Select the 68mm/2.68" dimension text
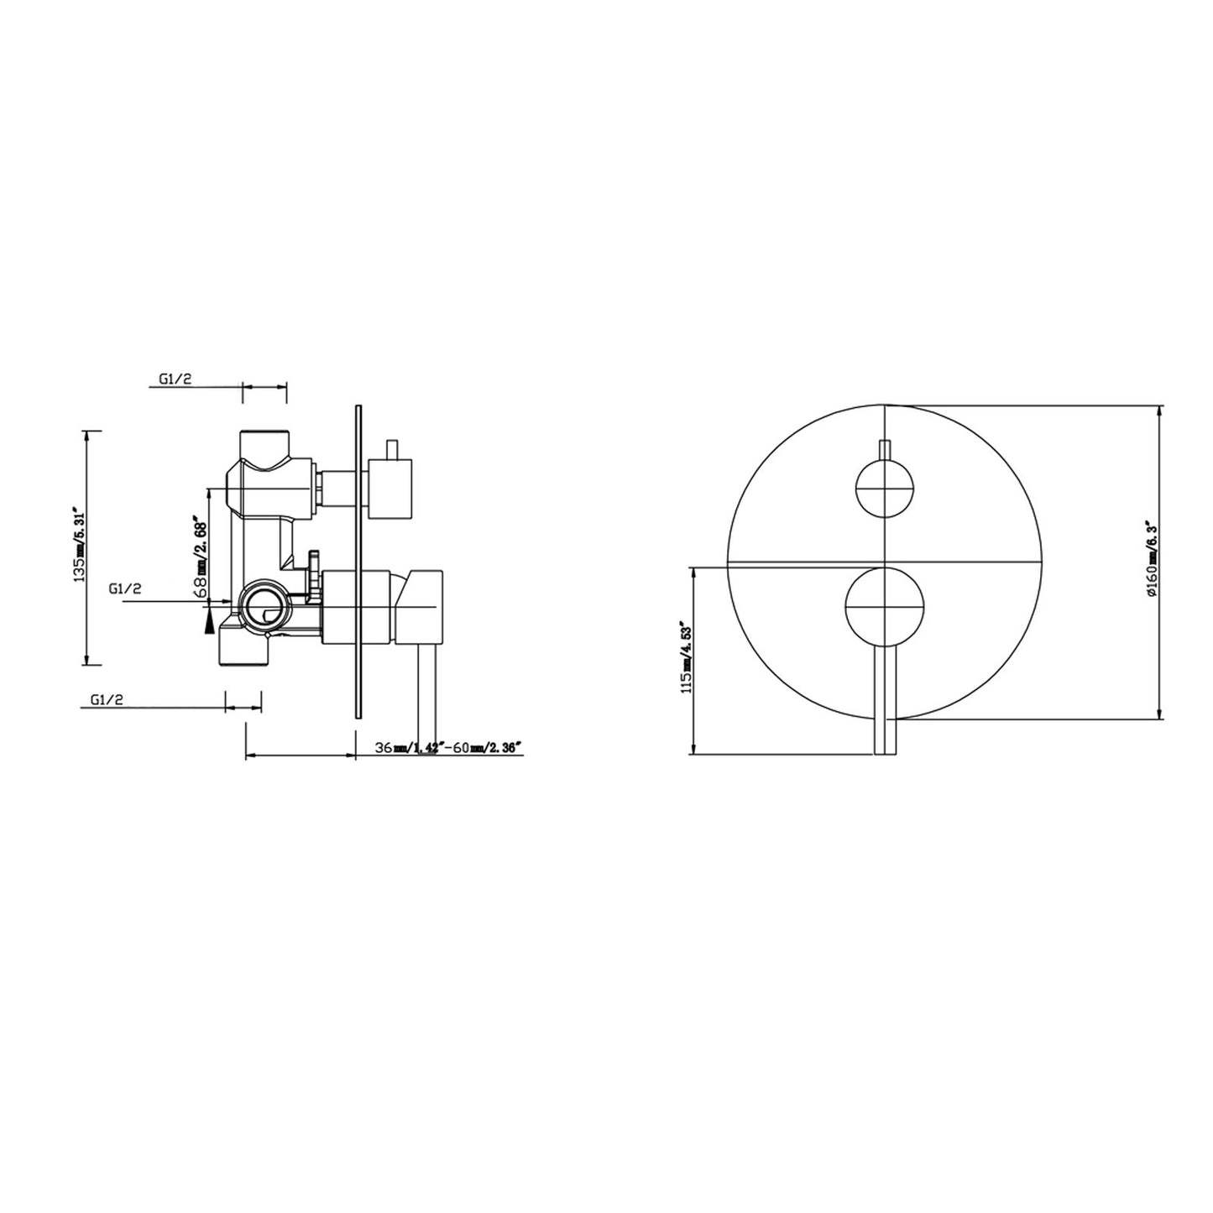pyautogui.click(x=200, y=556)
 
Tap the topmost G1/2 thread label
pyautogui.click(x=175, y=379)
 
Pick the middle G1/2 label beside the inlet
pyautogui.click(x=124, y=589)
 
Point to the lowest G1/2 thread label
pyautogui.click(x=106, y=699)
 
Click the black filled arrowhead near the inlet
pyautogui.click(x=208, y=620)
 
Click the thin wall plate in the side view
pyautogui.click(x=358, y=562)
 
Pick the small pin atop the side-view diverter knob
pyautogui.click(x=390, y=448)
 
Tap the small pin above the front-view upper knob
pyautogui.click(x=885, y=451)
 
